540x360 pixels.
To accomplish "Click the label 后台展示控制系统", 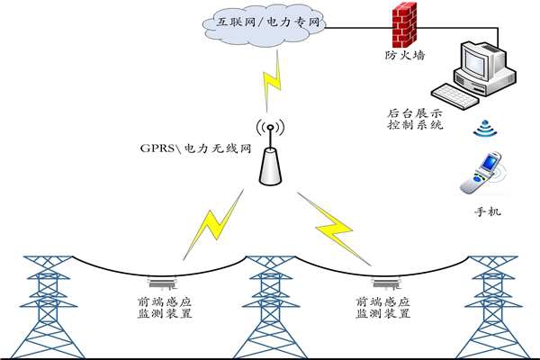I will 414,119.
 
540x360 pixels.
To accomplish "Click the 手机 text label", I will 486,212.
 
